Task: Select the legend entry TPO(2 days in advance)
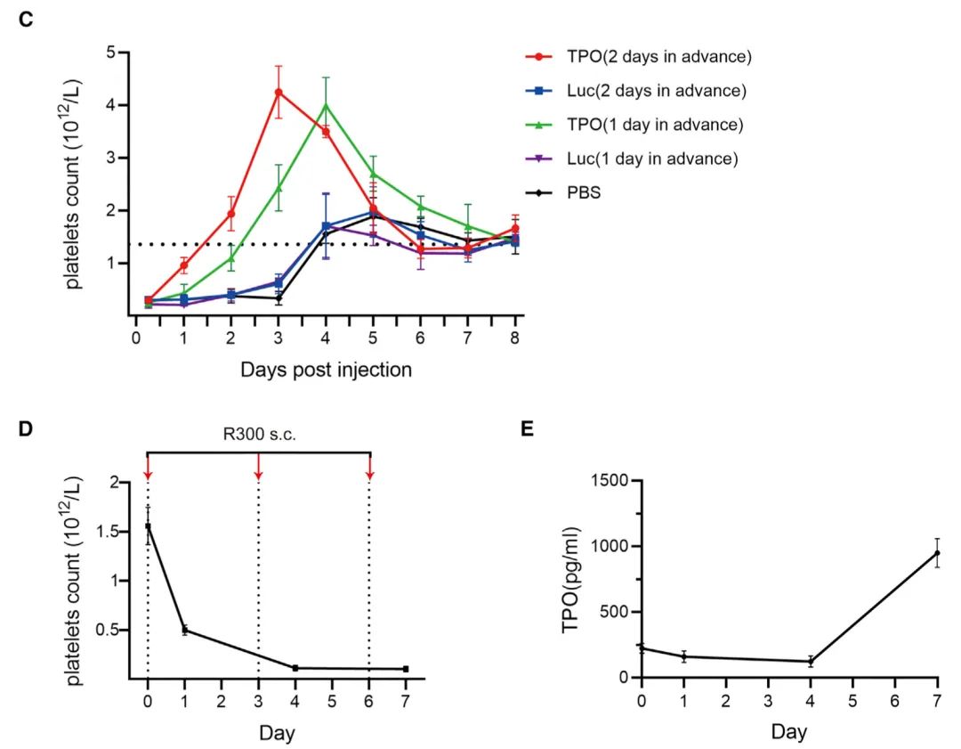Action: [658, 57]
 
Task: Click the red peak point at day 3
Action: [279, 93]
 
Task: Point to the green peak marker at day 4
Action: [326, 105]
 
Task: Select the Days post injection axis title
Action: [326, 369]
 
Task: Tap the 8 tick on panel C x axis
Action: [515, 338]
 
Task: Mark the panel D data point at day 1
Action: [184, 630]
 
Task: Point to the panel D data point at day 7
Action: [406, 669]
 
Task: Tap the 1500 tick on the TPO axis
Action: [610, 481]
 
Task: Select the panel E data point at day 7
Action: [937, 553]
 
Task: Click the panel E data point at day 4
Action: [811, 661]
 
